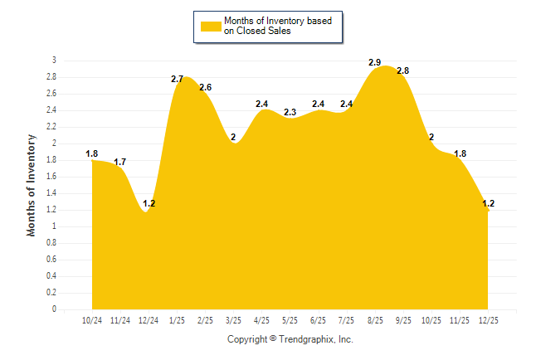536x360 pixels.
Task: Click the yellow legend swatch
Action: click(210, 26)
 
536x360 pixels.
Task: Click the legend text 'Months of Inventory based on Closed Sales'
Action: click(270, 26)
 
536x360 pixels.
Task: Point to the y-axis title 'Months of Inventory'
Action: click(32, 185)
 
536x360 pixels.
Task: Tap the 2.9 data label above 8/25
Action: click(375, 62)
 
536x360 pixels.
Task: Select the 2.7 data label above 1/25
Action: click(177, 79)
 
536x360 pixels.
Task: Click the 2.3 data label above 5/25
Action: click(290, 112)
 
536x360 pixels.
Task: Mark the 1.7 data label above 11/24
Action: click(120, 162)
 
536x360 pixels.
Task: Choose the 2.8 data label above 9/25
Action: click(403, 71)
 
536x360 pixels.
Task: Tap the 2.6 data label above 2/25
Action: click(206, 87)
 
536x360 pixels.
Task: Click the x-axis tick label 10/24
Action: click(92, 320)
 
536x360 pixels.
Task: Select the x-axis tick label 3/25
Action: click(233, 320)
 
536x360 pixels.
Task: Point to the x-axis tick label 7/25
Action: click(346, 320)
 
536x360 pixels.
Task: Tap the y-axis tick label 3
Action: click(54, 61)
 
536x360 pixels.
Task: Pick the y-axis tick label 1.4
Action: click(51, 193)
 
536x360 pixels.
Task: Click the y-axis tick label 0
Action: click(54, 309)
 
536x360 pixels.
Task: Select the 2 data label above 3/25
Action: click(233, 137)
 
